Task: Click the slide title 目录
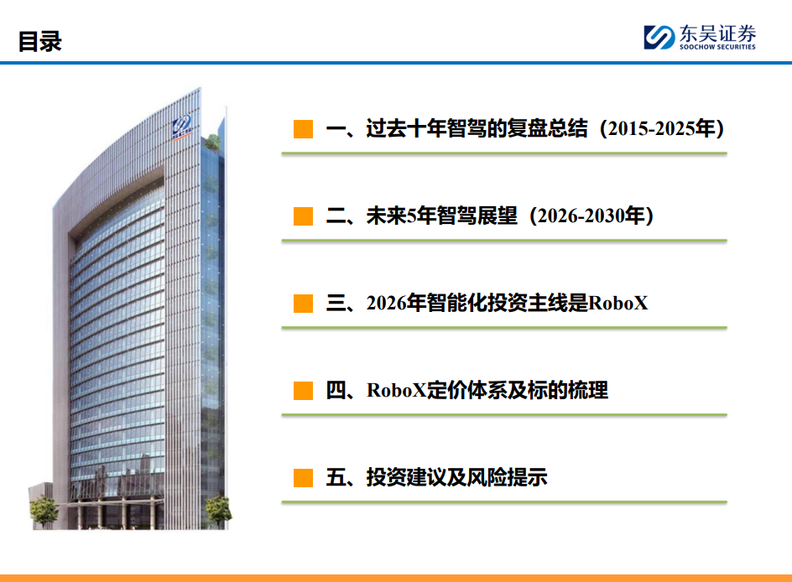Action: pos(40,41)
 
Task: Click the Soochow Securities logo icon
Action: pos(659,38)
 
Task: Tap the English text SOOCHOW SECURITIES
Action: pos(717,47)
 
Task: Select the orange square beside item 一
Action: pos(303,128)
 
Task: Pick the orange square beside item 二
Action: pos(303,216)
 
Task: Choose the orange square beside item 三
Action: pos(303,304)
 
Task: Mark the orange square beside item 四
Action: pos(303,391)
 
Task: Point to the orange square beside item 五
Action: pos(303,477)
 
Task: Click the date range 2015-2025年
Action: pos(661,128)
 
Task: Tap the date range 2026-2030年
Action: pos(591,216)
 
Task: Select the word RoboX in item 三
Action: pos(618,304)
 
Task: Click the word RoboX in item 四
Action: pos(397,391)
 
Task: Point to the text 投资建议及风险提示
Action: pos(456,477)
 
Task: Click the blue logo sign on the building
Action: pos(182,126)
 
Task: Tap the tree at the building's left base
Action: pos(44,511)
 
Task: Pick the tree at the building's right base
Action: pos(218,510)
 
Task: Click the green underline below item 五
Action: pos(504,501)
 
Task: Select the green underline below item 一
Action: pos(504,153)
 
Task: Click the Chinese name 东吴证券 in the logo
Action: pos(718,34)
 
